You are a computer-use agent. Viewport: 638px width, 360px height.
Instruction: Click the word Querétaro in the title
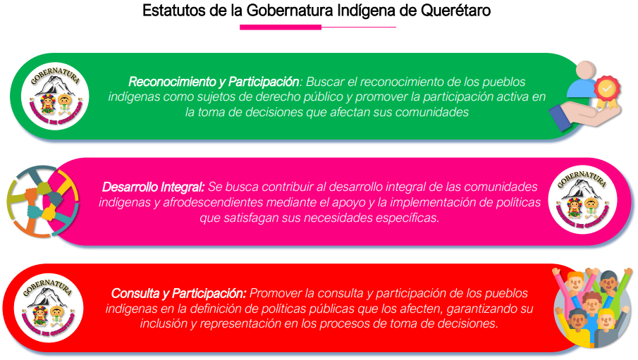pyautogui.click(x=455, y=10)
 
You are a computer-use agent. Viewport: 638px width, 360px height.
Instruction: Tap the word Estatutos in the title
pyautogui.click(x=174, y=10)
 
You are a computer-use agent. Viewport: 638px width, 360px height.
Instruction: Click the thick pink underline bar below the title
pyautogui.click(x=281, y=27)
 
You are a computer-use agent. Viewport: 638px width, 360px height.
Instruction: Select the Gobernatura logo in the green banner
pyautogui.click(x=55, y=97)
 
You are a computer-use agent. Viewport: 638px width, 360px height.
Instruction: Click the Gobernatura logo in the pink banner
pyautogui.click(x=582, y=200)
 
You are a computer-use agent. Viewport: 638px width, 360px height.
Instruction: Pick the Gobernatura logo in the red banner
pyautogui.click(x=49, y=308)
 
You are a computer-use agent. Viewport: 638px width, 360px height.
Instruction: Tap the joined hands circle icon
pyautogui.click(x=43, y=201)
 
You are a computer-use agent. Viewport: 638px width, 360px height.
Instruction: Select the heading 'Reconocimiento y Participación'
pyautogui.click(x=214, y=82)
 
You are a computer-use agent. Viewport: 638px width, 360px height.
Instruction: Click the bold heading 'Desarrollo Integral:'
pyautogui.click(x=153, y=187)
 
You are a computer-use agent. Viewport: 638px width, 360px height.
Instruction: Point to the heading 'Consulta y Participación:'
pyautogui.click(x=178, y=293)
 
